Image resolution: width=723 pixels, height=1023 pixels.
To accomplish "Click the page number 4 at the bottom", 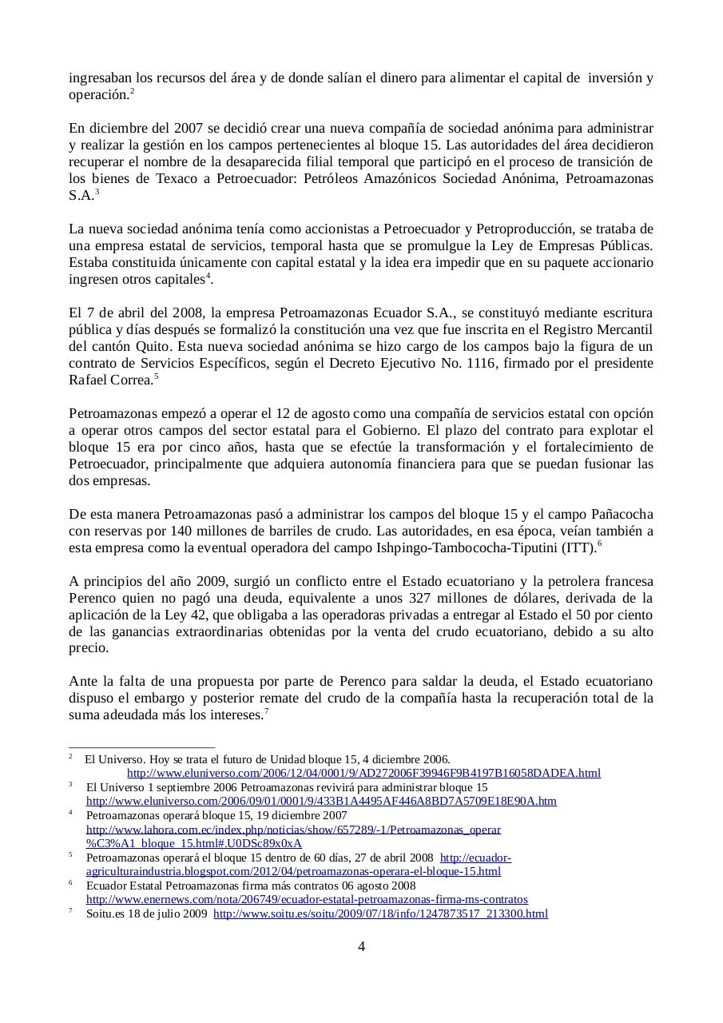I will pos(361,947).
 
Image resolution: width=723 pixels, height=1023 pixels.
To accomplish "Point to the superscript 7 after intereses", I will pos(266,711).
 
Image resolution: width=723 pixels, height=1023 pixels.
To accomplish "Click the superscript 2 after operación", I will pos(132,91).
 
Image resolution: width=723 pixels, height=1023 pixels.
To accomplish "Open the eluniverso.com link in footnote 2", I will pos(363,773).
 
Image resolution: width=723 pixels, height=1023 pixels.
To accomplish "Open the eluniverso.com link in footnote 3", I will pos(321,801).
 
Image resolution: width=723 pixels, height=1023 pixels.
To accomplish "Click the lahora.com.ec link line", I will pos(293,830).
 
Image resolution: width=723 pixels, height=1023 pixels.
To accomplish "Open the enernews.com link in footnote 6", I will pos(307,899).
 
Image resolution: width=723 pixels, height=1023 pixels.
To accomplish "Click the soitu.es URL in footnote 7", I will pos(380,914).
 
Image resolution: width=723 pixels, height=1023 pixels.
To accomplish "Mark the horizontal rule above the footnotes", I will pos(141,747).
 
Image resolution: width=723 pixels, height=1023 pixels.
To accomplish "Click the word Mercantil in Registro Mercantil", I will pos(623,330).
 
